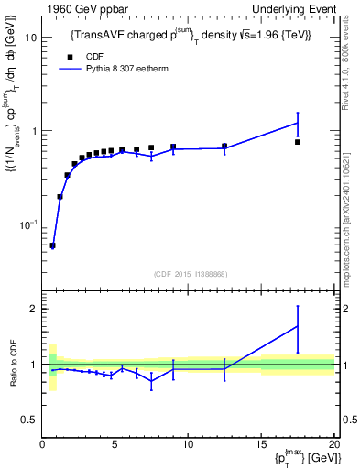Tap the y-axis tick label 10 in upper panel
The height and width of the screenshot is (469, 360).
coord(30,38)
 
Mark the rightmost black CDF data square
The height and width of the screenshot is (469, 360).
coord(298,142)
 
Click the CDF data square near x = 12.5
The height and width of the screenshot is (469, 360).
coord(224,146)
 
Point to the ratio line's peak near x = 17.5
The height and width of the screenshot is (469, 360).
coord(298,326)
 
